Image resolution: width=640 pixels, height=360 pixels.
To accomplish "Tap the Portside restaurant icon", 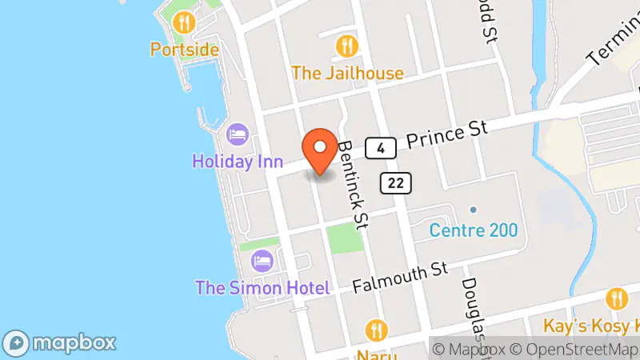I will [185, 22].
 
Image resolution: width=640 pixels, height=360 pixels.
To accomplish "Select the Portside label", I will [184, 50].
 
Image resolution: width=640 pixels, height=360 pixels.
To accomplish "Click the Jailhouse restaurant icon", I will [346, 45].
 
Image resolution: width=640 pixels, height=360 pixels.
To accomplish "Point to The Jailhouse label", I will [347, 73].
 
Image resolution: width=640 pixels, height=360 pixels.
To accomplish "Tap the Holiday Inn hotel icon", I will [238, 133].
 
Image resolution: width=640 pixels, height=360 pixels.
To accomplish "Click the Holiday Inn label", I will [238, 161].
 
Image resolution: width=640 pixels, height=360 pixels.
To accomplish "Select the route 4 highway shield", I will [382, 147].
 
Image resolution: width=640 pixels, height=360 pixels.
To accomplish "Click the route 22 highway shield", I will [396, 183].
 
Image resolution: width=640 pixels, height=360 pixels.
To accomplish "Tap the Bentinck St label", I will [351, 185].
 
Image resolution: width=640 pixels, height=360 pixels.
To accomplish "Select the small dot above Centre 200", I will [474, 210].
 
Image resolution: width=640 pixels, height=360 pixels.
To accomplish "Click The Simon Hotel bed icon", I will [262, 260].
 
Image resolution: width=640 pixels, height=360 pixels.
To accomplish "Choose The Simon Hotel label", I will [263, 287].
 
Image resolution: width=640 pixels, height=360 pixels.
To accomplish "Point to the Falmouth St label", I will [399, 278].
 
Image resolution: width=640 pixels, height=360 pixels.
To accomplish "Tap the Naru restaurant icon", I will [377, 330].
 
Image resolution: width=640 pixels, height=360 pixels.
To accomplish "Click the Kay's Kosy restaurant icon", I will [615, 298].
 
